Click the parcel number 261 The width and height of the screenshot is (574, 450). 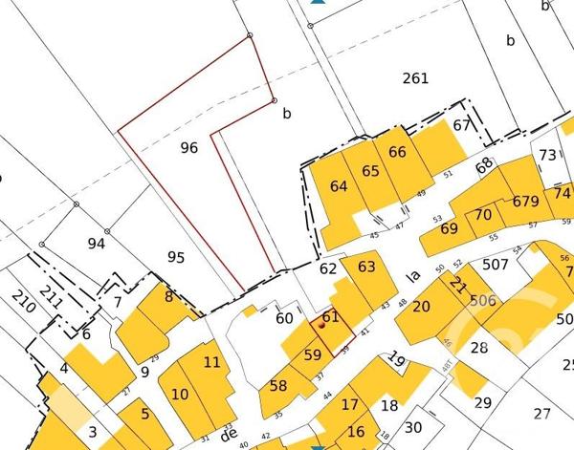tap(415, 78)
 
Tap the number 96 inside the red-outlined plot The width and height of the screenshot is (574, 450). tap(188, 148)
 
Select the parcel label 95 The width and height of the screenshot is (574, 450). tap(175, 257)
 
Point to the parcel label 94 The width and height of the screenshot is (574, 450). tap(96, 244)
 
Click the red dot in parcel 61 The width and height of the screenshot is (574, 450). tap(321, 326)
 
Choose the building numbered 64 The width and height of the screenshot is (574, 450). tap(339, 186)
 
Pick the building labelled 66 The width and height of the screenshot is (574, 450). tap(398, 152)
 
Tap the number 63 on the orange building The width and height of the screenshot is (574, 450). tap(366, 267)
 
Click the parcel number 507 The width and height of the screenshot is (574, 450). tap(496, 265)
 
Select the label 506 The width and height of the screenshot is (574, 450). tap(483, 301)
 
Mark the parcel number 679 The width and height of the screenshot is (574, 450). tap(526, 202)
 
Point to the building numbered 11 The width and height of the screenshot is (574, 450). tap(212, 362)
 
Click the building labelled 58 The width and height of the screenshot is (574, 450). tap(278, 386)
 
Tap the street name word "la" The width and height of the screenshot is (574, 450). tap(414, 276)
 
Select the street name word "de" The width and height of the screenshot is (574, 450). tap(228, 434)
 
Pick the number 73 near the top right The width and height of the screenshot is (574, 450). tap(547, 155)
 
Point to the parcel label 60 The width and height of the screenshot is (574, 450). tap(284, 318)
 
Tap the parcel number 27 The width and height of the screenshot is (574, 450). tap(542, 413)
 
